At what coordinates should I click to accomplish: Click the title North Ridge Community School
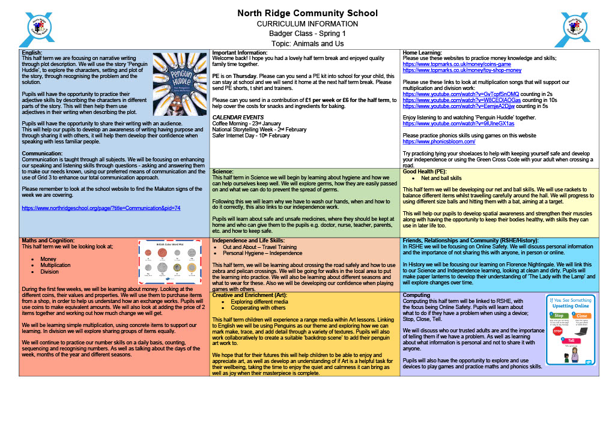point(307,13)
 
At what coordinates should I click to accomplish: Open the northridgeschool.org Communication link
point(101,208)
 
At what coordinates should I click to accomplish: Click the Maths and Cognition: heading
point(48,241)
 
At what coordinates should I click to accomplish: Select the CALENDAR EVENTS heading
point(238,117)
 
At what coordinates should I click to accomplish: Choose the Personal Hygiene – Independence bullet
point(262,253)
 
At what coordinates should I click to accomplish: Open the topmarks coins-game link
point(456,64)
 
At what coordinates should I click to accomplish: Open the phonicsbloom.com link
point(438,142)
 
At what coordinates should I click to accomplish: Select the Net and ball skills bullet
point(441,178)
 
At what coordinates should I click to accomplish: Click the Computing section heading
point(416,295)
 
